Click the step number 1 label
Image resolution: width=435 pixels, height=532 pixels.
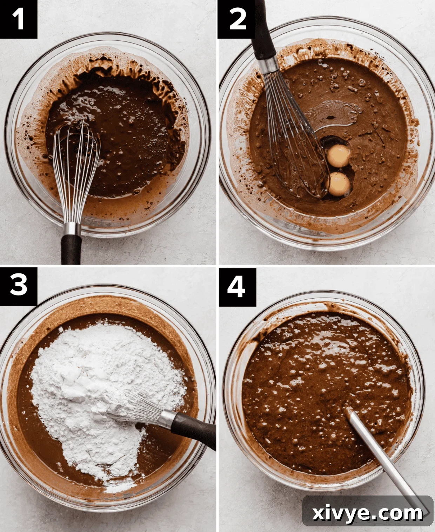[x=18, y=19]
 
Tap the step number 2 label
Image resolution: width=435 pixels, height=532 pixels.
[x=237, y=19]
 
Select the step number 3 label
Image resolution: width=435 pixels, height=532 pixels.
[x=18, y=285]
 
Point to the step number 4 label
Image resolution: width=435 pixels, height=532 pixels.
[x=237, y=286]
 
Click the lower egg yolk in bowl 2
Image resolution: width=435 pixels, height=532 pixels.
[x=338, y=184]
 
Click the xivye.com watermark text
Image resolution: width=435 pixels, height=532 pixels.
[x=367, y=513]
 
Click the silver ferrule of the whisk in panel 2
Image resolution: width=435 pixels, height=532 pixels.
[x=269, y=65]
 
